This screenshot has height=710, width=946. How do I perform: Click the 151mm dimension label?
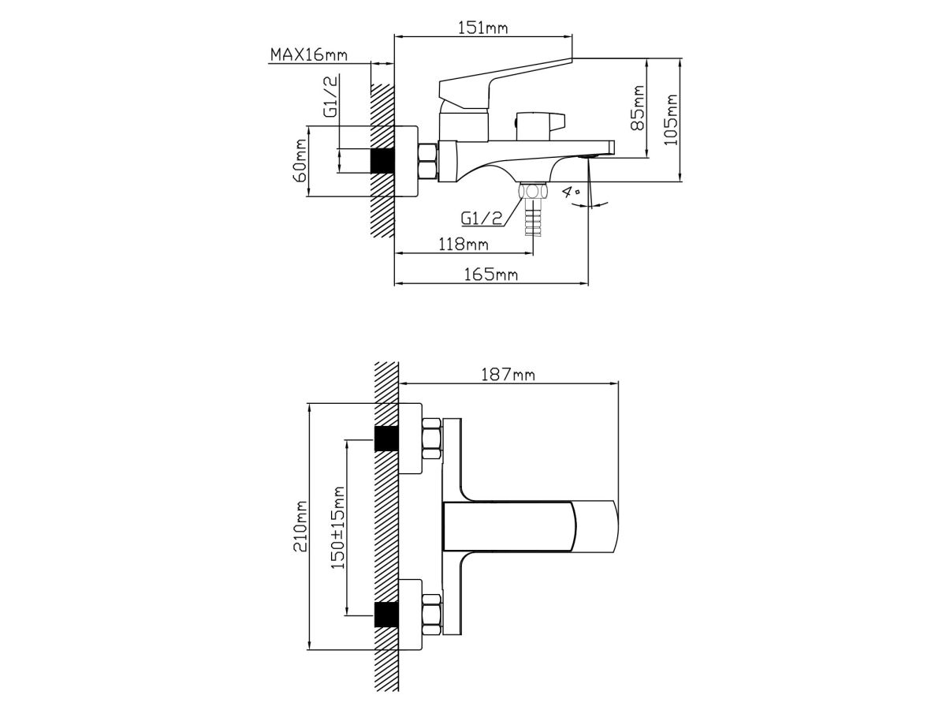482,28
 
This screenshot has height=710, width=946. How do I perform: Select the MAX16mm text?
308,55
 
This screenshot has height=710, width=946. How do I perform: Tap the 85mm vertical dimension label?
638,108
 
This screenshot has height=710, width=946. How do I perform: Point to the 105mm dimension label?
671,120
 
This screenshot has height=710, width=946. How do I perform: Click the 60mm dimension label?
300,160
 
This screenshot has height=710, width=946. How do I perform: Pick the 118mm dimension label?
464,245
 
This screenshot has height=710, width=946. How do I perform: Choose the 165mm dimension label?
490,275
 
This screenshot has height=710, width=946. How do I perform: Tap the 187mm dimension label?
508,375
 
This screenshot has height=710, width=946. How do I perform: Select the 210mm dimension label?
300,526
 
